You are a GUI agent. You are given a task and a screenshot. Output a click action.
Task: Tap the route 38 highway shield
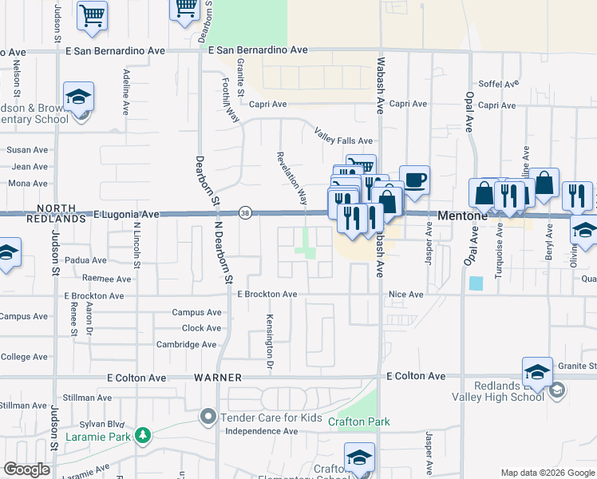tap(246, 212)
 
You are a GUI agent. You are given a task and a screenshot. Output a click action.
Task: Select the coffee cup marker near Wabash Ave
tap(413, 180)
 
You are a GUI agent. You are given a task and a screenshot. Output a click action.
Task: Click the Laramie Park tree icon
tap(142, 435)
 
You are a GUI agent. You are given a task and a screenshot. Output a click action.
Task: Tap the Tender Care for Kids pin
tap(208, 416)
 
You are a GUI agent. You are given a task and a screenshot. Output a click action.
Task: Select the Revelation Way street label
tap(291, 176)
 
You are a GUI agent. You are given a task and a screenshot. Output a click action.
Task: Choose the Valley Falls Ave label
tap(343, 136)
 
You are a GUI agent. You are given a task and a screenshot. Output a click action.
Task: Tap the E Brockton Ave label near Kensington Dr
tap(267, 295)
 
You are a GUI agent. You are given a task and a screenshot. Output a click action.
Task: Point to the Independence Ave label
tap(261, 432)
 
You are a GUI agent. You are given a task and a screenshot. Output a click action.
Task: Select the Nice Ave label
tap(405, 295)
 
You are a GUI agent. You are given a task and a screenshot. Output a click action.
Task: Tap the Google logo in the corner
tap(26, 469)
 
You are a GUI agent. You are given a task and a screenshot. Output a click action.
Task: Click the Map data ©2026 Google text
tap(547, 473)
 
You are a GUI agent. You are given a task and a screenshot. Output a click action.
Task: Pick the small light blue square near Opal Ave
tap(476, 283)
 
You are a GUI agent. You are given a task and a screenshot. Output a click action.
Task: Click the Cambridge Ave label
tap(187, 345)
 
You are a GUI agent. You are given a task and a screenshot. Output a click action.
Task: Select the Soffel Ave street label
tap(500, 84)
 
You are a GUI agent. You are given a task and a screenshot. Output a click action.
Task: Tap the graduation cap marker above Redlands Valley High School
tap(537, 371)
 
